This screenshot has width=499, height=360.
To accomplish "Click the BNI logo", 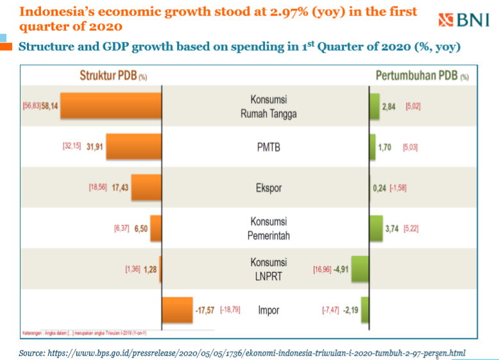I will coord(464,21).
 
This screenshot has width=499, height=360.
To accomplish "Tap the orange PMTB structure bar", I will coord(133,146).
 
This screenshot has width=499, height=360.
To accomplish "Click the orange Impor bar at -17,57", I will coord(178,311).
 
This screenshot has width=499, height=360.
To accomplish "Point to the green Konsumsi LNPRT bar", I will coord(359,269).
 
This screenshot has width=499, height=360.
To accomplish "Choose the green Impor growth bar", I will coord(364,310).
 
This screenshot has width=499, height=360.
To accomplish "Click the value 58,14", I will coord(49,106).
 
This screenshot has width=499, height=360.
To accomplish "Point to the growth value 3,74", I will coord(391,228).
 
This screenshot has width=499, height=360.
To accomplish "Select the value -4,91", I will coord(340,270).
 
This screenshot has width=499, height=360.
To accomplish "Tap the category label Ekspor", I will coord(269,188).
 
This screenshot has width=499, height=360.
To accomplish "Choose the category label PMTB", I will coord(269,147).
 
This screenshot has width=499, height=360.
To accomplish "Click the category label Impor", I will coord(269,311).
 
